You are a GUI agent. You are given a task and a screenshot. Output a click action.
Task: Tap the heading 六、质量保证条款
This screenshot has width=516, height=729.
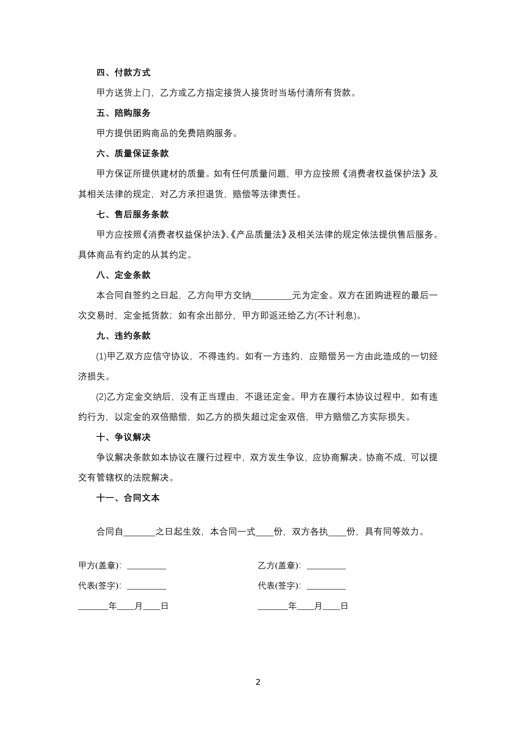(x=132, y=154)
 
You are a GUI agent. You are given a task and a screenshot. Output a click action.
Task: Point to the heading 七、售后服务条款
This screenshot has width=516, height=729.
(x=132, y=214)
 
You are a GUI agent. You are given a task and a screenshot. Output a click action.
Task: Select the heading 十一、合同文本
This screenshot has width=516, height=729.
(x=128, y=498)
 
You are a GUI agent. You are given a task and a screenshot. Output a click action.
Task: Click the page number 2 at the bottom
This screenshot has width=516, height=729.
(x=258, y=682)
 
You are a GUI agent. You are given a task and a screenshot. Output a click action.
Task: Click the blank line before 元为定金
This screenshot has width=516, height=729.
(x=271, y=296)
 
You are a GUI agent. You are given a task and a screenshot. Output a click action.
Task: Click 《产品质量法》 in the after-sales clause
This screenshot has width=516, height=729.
(x=258, y=235)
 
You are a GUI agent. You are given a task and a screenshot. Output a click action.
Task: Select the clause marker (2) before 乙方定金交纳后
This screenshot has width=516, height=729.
(x=101, y=397)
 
